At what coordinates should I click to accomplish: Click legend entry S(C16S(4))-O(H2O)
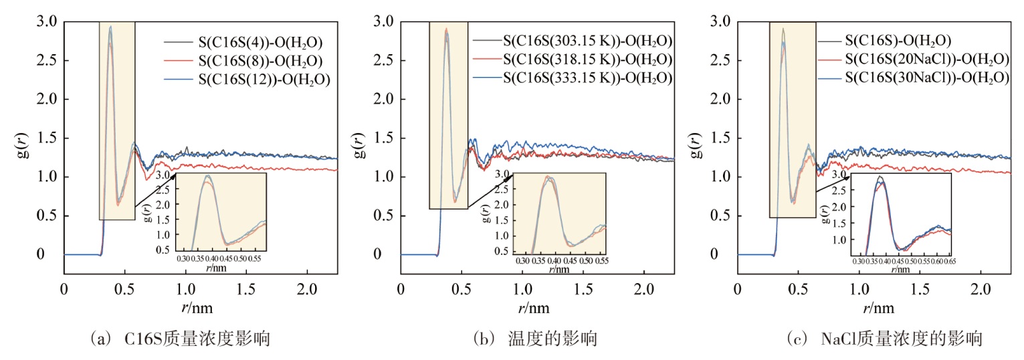tap(243, 42)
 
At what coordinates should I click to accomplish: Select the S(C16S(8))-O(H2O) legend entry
tap(243, 61)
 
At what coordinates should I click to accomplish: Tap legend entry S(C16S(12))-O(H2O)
tap(247, 79)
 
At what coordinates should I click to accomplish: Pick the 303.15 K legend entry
tap(573, 41)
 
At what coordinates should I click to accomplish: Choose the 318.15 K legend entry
tap(573, 60)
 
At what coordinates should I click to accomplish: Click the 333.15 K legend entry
tap(573, 78)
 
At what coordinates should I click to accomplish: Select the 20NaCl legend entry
tap(914, 59)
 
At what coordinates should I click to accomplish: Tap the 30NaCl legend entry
tap(914, 78)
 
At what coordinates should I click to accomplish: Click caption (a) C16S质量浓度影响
tap(180, 339)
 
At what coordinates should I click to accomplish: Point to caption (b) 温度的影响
tap(535, 339)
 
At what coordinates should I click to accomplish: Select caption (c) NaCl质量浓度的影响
tap(884, 339)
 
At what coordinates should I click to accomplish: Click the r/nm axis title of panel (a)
tap(197, 307)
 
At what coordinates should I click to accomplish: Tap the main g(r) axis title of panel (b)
tap(360, 145)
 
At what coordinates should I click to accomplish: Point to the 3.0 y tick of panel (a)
tap(47, 21)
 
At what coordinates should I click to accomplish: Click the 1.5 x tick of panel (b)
tap(583, 289)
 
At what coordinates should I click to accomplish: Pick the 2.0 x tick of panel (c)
tap(981, 289)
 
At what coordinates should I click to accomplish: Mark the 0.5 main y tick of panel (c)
tap(720, 215)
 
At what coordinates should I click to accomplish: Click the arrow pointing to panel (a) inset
tap(155, 191)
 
